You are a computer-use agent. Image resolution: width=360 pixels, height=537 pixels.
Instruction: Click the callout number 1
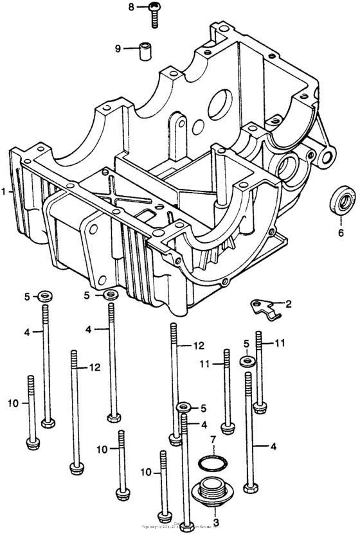tap(4, 191)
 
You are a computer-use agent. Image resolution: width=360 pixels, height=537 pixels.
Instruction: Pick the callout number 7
tap(212, 439)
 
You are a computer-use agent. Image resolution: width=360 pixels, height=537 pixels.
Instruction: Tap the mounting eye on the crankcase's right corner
tap(328, 155)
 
